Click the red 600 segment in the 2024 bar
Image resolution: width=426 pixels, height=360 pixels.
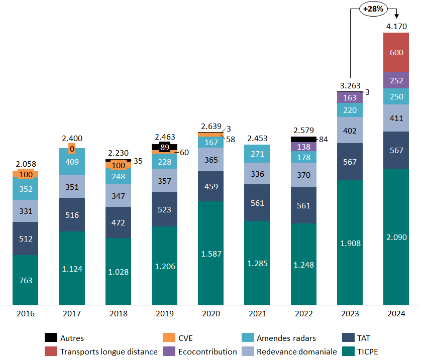(x=396, y=52)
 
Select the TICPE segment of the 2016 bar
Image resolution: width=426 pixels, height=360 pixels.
(x=26, y=280)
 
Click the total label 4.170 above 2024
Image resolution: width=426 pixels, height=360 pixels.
(x=396, y=26)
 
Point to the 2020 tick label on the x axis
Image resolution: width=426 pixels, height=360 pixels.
(x=211, y=314)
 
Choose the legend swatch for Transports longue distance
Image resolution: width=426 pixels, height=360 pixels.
(x=50, y=351)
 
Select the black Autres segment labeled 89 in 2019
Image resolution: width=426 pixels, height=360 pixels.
(x=164, y=147)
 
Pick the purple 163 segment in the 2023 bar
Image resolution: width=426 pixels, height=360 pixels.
(x=350, y=98)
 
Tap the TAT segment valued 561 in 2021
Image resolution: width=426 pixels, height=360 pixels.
(x=257, y=202)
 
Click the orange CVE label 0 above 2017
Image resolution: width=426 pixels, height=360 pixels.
(x=72, y=149)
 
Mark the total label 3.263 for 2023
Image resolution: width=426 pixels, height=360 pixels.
(x=350, y=85)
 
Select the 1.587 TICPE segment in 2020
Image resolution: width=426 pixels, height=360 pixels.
(x=211, y=253)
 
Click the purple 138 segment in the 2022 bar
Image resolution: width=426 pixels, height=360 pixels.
(x=303, y=147)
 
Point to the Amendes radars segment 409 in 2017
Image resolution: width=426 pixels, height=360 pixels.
(x=72, y=161)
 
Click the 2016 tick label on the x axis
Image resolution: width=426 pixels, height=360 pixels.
(x=26, y=314)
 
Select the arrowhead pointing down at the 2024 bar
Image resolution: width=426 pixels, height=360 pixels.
(x=396, y=17)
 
